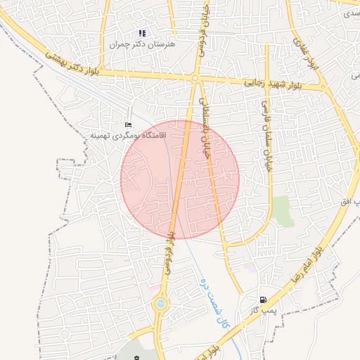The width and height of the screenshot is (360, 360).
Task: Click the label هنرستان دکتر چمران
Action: click(x=141, y=44)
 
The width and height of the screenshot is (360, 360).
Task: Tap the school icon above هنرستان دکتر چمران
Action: click(x=142, y=33)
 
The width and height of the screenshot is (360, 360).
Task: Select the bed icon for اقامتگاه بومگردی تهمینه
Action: click(x=127, y=124)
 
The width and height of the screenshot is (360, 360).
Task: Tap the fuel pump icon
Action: click(x=263, y=300)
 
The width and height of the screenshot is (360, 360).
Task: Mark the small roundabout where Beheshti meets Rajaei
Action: click(x=194, y=79)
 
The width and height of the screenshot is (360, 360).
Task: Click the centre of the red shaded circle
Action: click(x=180, y=179)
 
